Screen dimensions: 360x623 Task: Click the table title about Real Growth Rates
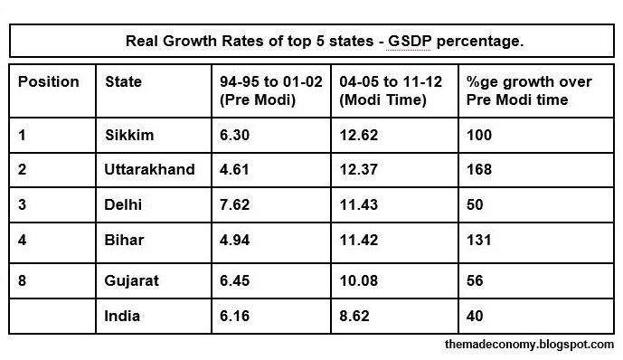click(x=311, y=42)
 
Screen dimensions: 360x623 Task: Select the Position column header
click(x=49, y=82)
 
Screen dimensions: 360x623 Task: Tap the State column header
click(x=124, y=82)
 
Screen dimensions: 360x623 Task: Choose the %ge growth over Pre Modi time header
click(x=529, y=90)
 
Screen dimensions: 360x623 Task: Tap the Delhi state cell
click(x=123, y=205)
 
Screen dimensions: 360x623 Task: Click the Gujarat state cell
click(x=132, y=280)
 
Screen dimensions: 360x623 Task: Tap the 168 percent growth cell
click(x=479, y=169)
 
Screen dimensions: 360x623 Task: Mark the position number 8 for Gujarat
click(x=24, y=280)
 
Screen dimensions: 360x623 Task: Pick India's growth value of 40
click(x=476, y=316)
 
